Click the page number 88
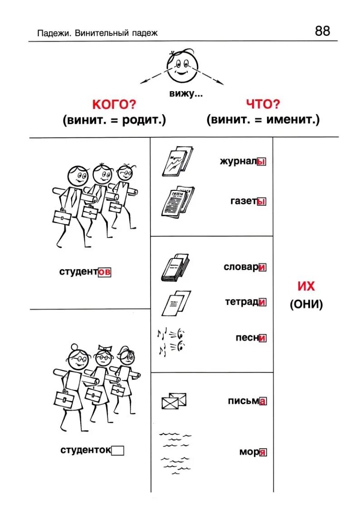[x=322, y=31]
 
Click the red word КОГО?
[x=114, y=105]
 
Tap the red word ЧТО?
[x=263, y=104]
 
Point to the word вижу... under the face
[x=185, y=94]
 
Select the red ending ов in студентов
[x=104, y=272]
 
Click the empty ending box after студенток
[x=117, y=451]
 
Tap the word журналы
[x=242, y=162]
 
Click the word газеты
[x=248, y=201]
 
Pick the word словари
[x=244, y=267]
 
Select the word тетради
[x=245, y=302]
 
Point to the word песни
[x=250, y=338]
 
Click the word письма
[x=247, y=401]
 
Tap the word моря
[x=253, y=452]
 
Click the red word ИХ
[x=306, y=287]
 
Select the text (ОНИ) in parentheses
[x=306, y=305]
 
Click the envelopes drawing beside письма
[x=174, y=401]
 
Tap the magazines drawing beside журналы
[x=177, y=160]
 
